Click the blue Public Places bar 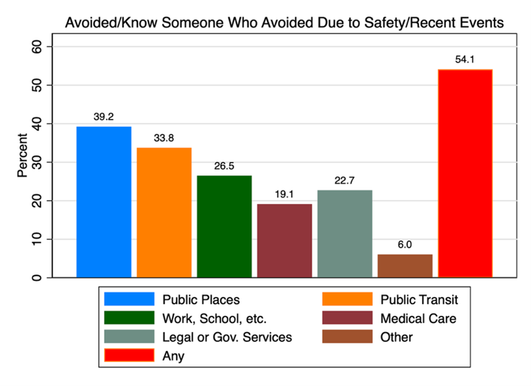pyautogui.click(x=103, y=202)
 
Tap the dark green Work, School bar pyautogui.click(x=224, y=227)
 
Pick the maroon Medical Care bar pyautogui.click(x=284, y=240)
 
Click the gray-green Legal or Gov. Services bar pyautogui.click(x=345, y=234)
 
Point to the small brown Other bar pyautogui.click(x=405, y=266)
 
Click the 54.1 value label pyautogui.click(x=465, y=60)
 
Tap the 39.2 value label pyautogui.click(x=103, y=117)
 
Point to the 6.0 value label pyautogui.click(x=405, y=245)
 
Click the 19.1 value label pyautogui.click(x=284, y=194)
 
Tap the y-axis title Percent pyautogui.click(x=22, y=156)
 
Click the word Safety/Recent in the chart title pyautogui.click(x=402, y=23)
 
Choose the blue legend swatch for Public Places pyautogui.click(x=129, y=300)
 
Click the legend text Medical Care pyautogui.click(x=418, y=318)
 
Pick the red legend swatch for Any pyautogui.click(x=129, y=355)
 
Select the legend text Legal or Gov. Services pyautogui.click(x=227, y=337)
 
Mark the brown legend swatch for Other pyautogui.click(x=347, y=337)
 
